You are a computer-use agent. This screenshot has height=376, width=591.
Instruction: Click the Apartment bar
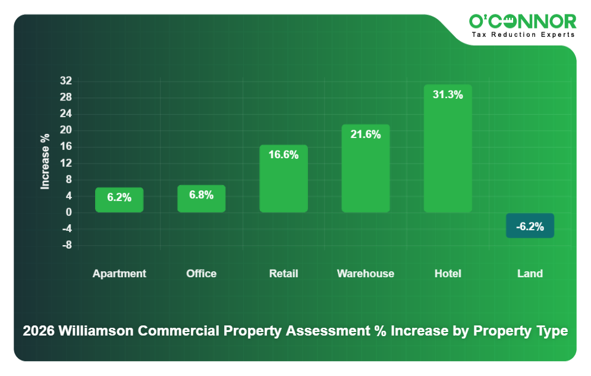(119, 200)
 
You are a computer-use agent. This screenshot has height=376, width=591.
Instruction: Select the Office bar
(201, 199)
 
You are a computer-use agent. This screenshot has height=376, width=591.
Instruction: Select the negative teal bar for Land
(530, 225)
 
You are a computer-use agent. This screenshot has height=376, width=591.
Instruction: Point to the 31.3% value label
(448, 95)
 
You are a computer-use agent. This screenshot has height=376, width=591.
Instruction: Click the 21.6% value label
(366, 134)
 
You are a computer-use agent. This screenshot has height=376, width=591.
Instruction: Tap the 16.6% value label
(284, 155)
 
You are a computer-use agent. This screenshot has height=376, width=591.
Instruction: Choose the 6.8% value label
(201, 195)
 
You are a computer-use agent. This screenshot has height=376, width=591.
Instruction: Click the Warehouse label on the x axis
(366, 274)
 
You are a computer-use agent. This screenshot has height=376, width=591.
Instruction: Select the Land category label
(530, 274)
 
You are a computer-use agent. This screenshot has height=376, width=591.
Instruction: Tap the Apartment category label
(119, 274)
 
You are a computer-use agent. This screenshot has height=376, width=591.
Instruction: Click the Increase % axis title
(45, 161)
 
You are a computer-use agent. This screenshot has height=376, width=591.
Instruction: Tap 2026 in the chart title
(39, 331)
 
